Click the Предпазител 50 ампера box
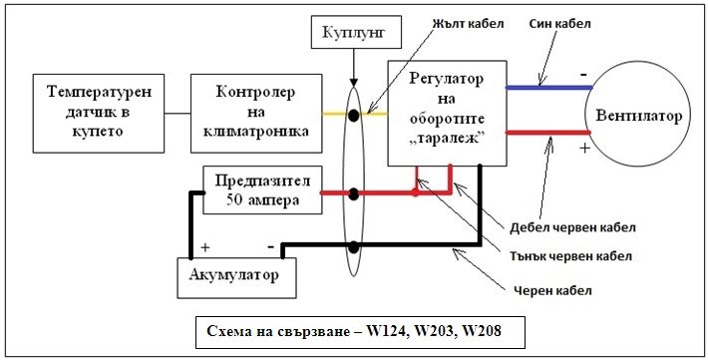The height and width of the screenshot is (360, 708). tap(263, 189)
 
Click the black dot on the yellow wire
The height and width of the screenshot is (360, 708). tap(353, 115)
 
